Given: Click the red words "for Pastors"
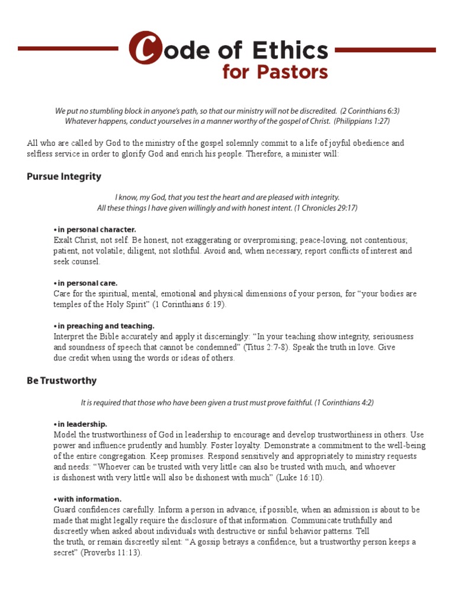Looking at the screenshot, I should [275, 72].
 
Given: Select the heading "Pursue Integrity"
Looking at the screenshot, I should [64, 177].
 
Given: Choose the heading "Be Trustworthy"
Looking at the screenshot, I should [62, 381].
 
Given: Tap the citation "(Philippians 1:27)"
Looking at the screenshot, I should [361, 121].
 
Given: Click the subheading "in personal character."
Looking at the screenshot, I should [96, 229].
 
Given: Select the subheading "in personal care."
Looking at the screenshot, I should [87, 283].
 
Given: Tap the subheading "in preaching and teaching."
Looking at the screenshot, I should [105, 326].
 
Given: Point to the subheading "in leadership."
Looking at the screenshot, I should [82, 424].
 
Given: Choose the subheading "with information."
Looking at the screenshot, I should [89, 499].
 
